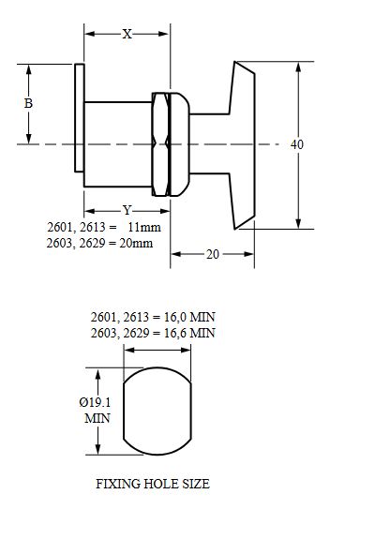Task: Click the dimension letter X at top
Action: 127,33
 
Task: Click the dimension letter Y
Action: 127,210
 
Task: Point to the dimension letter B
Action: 28,104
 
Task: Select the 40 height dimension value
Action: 297,144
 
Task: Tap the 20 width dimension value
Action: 212,254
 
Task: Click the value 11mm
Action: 145,228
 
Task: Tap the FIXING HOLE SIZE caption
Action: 153,485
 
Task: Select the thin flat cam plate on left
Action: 80,118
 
